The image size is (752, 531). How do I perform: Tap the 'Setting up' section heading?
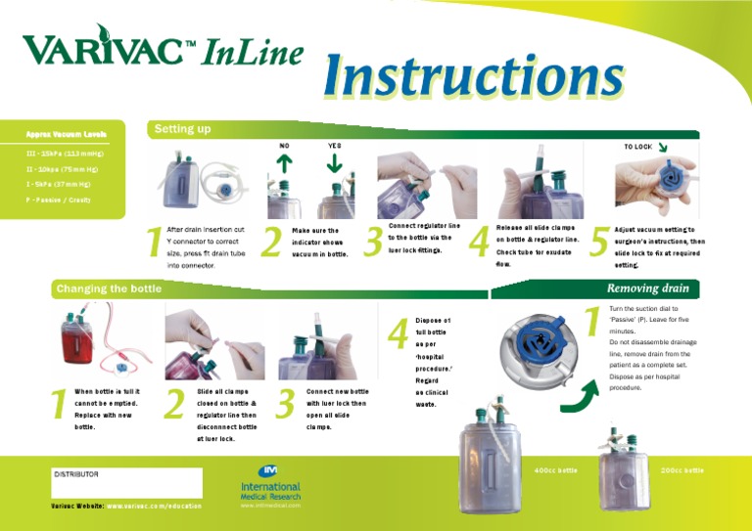(x=182, y=129)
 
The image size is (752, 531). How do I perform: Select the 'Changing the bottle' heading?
(x=109, y=288)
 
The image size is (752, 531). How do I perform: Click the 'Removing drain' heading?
(x=647, y=288)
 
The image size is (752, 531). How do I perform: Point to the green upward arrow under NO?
(x=285, y=164)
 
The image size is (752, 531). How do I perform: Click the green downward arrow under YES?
(x=334, y=163)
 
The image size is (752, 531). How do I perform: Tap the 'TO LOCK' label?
(x=637, y=147)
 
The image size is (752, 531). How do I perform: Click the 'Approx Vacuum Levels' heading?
(x=67, y=134)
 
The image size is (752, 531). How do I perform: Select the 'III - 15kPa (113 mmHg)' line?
(x=65, y=154)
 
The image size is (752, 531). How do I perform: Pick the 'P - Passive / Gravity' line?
(x=59, y=199)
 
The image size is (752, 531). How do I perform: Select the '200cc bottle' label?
(x=681, y=470)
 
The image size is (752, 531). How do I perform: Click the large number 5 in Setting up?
(x=598, y=243)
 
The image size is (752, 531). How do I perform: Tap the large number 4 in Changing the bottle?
(x=399, y=332)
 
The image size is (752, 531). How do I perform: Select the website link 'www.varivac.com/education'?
(x=154, y=506)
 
